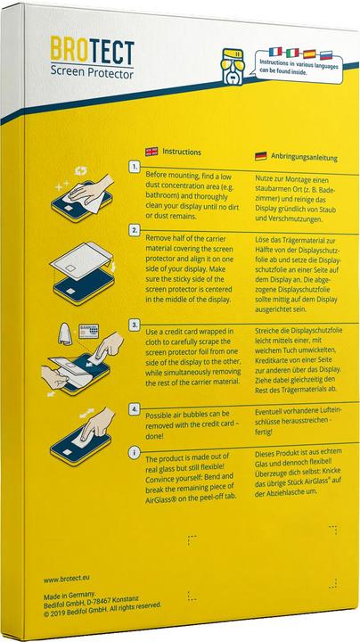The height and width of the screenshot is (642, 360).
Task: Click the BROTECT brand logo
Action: click(x=92, y=50)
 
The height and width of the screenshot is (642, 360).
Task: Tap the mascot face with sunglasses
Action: click(x=232, y=66)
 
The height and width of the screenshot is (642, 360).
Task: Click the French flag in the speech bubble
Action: click(x=275, y=51)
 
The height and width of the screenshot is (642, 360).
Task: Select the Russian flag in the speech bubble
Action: click(x=326, y=55)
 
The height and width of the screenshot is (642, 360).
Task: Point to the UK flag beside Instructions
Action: click(x=151, y=152)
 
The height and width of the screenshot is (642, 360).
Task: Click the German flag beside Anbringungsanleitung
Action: click(x=260, y=156)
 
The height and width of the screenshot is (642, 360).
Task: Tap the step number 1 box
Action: click(x=135, y=166)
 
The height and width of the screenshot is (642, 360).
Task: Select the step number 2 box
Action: click(x=135, y=230)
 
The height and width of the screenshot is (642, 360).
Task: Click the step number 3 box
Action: click(x=135, y=325)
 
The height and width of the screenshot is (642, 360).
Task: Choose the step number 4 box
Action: click(x=135, y=408)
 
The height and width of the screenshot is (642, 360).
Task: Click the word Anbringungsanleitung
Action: click(x=304, y=158)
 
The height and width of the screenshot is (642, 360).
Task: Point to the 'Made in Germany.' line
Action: click(x=70, y=594)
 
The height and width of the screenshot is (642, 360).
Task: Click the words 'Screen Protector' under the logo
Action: click(x=92, y=73)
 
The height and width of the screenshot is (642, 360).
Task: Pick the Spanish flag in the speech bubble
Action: click(x=309, y=53)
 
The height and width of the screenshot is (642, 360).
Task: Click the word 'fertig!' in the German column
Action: click(x=264, y=432)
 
